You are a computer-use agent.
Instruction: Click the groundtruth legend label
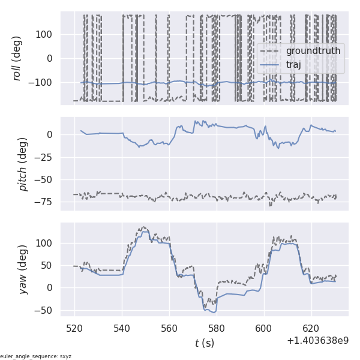[x=313, y=51]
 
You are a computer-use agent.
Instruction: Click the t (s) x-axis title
[x=205, y=343]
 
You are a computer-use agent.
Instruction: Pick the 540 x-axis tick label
[x=122, y=329]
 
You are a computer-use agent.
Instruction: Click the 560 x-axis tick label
[x=169, y=329]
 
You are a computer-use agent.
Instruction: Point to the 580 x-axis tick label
[x=217, y=329]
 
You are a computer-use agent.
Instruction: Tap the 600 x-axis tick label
[x=264, y=329]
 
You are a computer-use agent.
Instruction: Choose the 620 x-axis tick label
[x=311, y=329]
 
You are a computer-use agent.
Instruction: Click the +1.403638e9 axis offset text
[x=317, y=341]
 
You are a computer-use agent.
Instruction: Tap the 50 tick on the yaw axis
[x=49, y=265]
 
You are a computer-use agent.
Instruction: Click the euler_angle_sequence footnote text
[x=36, y=356]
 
